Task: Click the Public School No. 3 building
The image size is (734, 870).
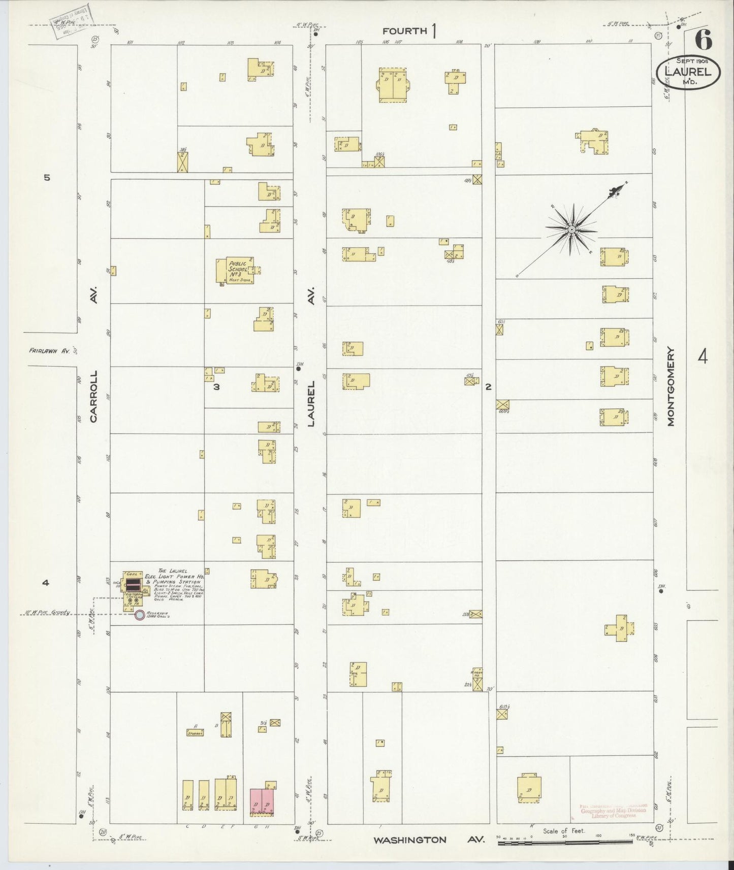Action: click(235, 271)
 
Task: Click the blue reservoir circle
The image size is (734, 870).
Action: click(139, 615)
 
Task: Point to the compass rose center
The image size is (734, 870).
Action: click(572, 230)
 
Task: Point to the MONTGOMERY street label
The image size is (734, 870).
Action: click(671, 386)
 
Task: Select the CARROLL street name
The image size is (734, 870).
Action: click(93, 396)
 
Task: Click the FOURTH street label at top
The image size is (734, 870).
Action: click(405, 31)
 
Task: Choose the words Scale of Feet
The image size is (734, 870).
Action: click(564, 831)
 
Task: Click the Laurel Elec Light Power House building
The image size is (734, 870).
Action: click(134, 591)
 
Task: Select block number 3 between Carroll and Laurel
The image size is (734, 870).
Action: click(216, 387)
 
